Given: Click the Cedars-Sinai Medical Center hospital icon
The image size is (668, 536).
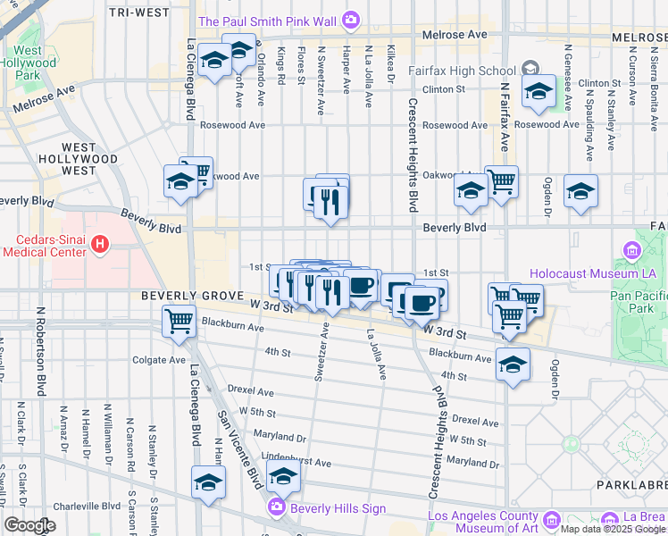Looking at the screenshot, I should coord(100,242).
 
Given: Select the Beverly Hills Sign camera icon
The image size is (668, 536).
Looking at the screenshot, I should coord(276,508).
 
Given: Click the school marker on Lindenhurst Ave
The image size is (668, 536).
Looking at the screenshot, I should coord(283,478).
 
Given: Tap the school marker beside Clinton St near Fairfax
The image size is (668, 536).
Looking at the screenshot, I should coord(539,91).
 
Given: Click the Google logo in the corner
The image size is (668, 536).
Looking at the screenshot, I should coord(29,525).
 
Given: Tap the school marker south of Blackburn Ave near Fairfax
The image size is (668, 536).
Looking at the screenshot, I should coord(513,364).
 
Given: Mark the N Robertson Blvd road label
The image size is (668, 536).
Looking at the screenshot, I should coord(41,352).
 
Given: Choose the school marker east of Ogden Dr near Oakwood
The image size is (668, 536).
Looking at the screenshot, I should coord(580,191).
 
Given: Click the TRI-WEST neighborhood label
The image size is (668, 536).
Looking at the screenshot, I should coord(138,13).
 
